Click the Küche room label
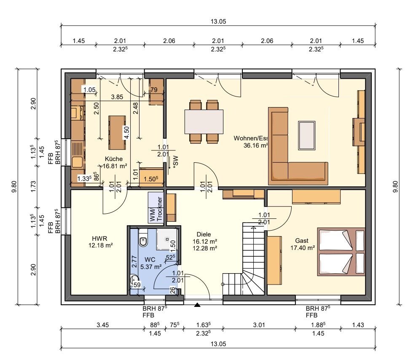pyautogui.click(x=114, y=159)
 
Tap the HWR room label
pyautogui.click(x=99, y=238)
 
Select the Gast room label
pyautogui.click(x=302, y=241)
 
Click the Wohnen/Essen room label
pyautogui.click(x=251, y=138)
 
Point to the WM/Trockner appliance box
pyautogui.click(x=156, y=207)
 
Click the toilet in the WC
pyautogui.click(x=143, y=240)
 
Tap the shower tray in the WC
pyautogui.click(x=167, y=239)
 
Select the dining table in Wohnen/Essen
pyautogui.click(x=204, y=121)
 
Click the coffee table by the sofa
pyautogui.click(x=307, y=135)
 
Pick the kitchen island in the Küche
pyautogui.click(x=117, y=132)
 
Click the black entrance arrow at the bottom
pyautogui.click(x=197, y=305)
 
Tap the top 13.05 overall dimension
pyautogui.click(x=218, y=21)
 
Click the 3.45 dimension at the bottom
pyautogui.click(x=102, y=325)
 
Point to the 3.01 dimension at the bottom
pyautogui.click(x=259, y=325)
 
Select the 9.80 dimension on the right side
pyautogui.click(x=395, y=186)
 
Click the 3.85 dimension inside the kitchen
pyautogui.click(x=117, y=97)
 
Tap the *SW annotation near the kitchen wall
pyautogui.click(x=176, y=161)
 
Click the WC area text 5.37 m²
pyautogui.click(x=151, y=267)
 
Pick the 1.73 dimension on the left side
pyautogui.click(x=33, y=186)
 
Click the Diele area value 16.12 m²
pyautogui.click(x=205, y=241)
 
